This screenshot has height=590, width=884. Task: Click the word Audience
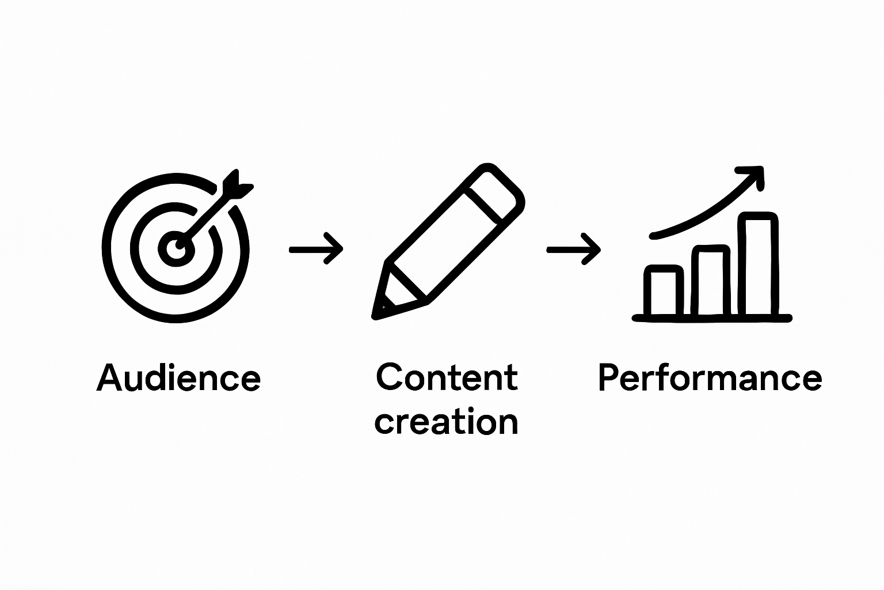pyautogui.click(x=178, y=378)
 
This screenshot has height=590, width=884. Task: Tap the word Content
pyautogui.click(x=447, y=378)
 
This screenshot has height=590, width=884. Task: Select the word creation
pyautogui.click(x=447, y=422)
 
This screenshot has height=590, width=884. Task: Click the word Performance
pyautogui.click(x=710, y=378)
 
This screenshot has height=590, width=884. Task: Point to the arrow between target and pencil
pyautogui.click(x=316, y=249)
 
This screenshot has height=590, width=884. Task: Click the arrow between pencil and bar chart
pyautogui.click(x=573, y=249)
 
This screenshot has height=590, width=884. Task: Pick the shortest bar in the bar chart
pyautogui.click(x=664, y=291)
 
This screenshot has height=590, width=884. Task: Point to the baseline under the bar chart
pyautogui.click(x=712, y=317)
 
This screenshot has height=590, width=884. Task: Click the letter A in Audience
pyautogui.click(x=110, y=378)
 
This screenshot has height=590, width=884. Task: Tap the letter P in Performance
pyautogui.click(x=610, y=378)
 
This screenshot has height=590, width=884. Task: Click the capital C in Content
pyautogui.click(x=390, y=378)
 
